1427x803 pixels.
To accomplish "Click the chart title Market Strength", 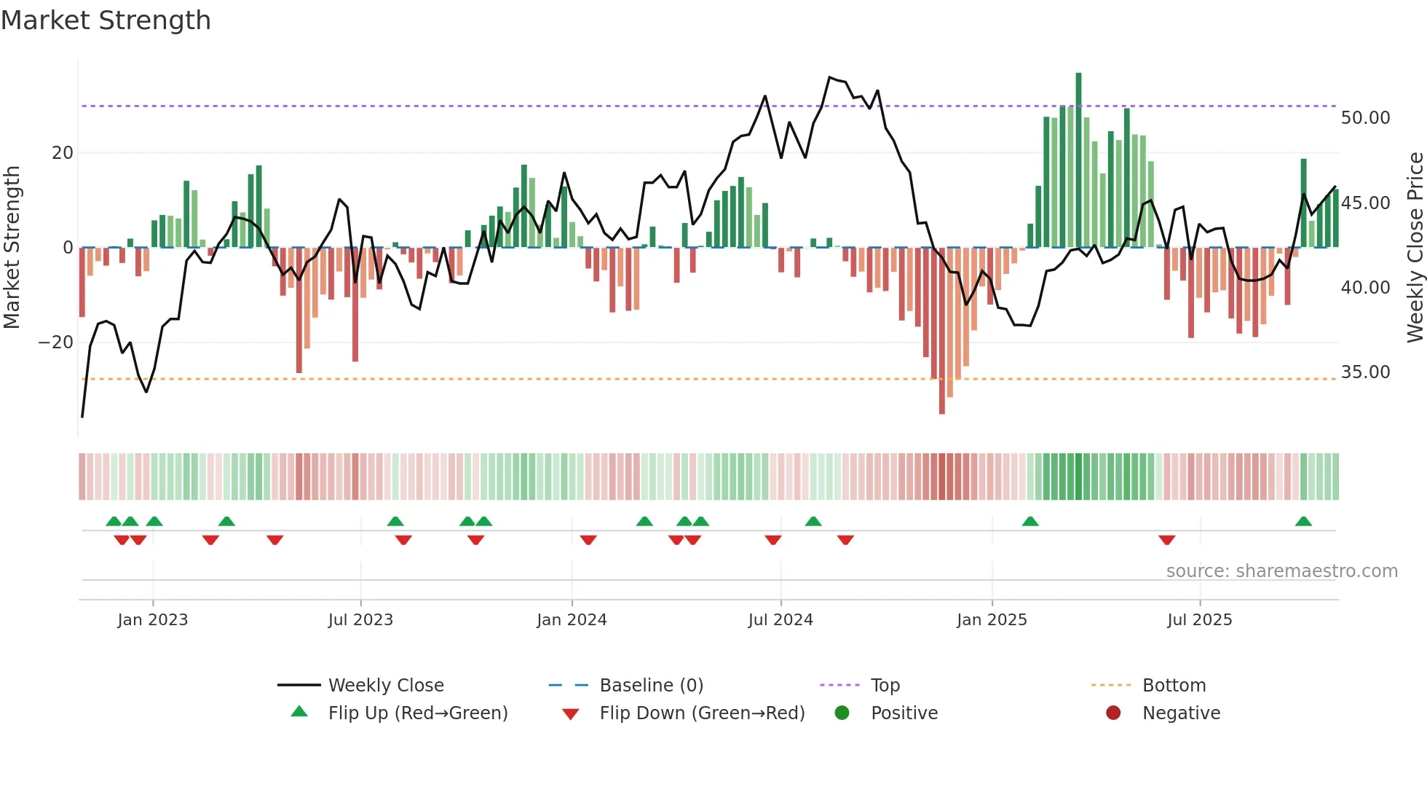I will click(106, 20).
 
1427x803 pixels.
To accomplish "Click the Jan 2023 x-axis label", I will click(153, 620).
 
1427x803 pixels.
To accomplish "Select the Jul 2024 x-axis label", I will click(780, 620).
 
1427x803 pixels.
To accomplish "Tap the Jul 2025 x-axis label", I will click(1200, 620).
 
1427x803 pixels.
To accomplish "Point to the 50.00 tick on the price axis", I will click(1365, 118).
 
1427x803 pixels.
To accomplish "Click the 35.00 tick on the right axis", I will click(1365, 372).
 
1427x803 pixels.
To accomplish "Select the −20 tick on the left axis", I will click(55, 342).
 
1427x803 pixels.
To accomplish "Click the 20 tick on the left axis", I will click(63, 153).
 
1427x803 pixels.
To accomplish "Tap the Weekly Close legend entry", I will click(385, 686).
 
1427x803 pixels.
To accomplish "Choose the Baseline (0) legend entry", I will click(651, 686).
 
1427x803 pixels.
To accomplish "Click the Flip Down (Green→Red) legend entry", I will click(702, 713).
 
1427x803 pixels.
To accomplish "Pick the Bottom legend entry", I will click(1174, 686).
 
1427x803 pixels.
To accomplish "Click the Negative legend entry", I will click(1181, 713).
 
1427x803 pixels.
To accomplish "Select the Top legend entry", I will click(885, 686).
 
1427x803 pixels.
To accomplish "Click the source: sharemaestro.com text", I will click(1281, 571).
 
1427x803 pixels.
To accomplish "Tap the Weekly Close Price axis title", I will click(1415, 248).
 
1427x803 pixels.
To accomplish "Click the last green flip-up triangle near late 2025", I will click(1303, 522).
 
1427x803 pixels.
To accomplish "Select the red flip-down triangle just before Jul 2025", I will click(1167, 540).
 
